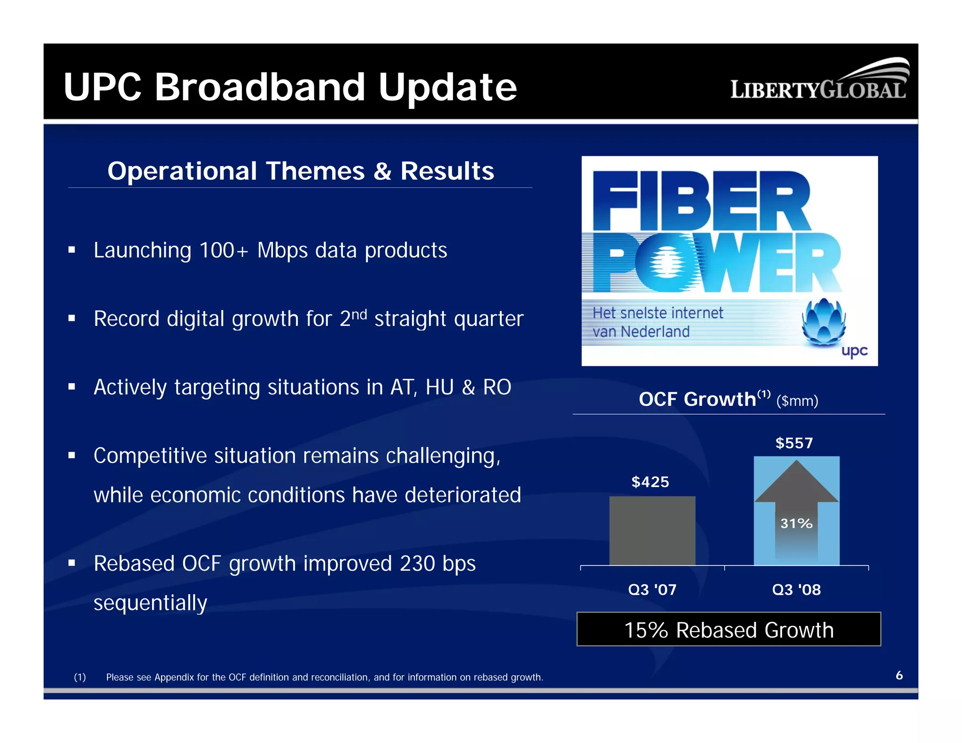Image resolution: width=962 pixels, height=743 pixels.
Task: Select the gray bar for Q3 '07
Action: pyautogui.click(x=652, y=531)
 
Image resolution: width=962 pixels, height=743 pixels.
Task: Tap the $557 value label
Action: pyautogui.click(x=794, y=443)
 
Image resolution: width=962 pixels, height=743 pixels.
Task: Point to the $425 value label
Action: pyautogui.click(x=650, y=482)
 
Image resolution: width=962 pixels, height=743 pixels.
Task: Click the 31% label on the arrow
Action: pyautogui.click(x=796, y=523)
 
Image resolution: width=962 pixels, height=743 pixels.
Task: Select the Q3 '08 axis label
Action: pyautogui.click(x=796, y=589)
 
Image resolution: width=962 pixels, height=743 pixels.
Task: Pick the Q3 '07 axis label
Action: pyautogui.click(x=652, y=589)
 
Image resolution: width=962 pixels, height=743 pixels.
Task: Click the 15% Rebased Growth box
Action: pyautogui.click(x=729, y=630)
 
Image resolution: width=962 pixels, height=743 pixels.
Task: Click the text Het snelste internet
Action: pyautogui.click(x=658, y=313)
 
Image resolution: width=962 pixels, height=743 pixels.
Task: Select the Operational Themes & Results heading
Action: pyautogui.click(x=301, y=171)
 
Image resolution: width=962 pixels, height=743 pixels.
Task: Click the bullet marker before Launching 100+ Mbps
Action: pyautogui.click(x=72, y=250)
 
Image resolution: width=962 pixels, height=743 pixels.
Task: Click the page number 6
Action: pyautogui.click(x=899, y=675)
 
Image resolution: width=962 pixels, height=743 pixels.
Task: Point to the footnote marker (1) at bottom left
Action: pyautogui.click(x=80, y=677)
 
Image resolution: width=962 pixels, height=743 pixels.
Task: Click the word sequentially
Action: pyautogui.click(x=150, y=603)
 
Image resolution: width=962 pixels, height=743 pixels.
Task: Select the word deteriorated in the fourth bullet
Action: pyautogui.click(x=463, y=495)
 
